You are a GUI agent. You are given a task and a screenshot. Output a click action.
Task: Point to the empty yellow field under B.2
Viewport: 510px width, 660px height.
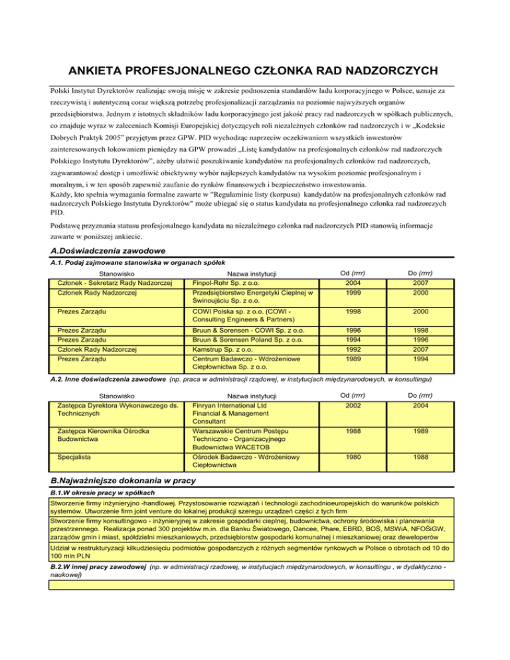pos(252,584)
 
